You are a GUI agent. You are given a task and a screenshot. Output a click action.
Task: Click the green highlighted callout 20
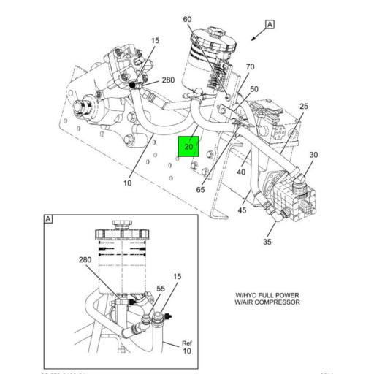click(x=188, y=147)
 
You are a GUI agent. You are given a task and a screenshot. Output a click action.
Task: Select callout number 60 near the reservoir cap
click(x=187, y=19)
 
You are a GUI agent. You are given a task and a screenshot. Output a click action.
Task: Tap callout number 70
click(x=250, y=67)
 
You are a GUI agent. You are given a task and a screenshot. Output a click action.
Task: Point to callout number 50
click(x=254, y=89)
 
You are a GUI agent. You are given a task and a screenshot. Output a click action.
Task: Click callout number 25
click(x=303, y=107)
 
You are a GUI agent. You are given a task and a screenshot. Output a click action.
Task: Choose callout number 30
click(x=313, y=155)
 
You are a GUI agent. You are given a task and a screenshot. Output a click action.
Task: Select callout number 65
click(x=199, y=190)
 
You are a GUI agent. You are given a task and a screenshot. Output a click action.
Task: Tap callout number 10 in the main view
click(x=127, y=183)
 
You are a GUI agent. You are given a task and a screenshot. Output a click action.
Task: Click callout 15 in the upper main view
click(x=155, y=41)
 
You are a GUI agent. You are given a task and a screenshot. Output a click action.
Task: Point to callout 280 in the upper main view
click(x=168, y=80)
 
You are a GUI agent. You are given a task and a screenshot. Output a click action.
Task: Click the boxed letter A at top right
click(x=270, y=24)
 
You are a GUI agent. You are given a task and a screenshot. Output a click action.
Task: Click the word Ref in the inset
click(x=187, y=343)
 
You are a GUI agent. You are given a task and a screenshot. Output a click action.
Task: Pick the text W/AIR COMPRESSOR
click(x=267, y=302)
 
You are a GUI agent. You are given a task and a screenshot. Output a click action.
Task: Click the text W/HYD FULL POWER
click(x=267, y=295)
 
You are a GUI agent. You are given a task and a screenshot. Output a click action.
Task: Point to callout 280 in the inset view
click(x=85, y=259)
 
